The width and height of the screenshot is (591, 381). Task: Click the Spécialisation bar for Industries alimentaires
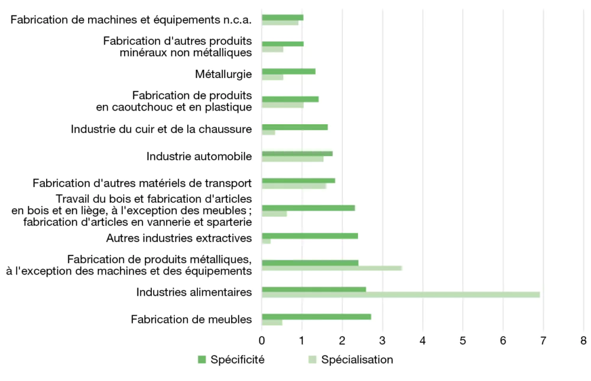[x=401, y=295]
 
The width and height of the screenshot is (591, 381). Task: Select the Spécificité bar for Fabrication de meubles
[x=316, y=317]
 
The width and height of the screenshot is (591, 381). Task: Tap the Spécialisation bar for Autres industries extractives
[x=266, y=241]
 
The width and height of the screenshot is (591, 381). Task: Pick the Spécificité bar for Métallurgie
[x=288, y=72]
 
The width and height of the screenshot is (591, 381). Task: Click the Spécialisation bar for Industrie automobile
[x=293, y=159]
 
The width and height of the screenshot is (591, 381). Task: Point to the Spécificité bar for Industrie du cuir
[x=294, y=127]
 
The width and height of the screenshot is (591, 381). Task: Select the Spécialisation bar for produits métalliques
[x=332, y=268]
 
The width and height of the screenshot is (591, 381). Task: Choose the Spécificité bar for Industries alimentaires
[x=314, y=289]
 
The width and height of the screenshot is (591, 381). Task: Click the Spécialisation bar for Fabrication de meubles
[x=272, y=322]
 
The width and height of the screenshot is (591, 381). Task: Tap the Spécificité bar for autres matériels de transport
[x=298, y=180]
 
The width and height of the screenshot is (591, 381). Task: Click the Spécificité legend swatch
[x=202, y=359]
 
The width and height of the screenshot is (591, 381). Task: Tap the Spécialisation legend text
[x=357, y=359]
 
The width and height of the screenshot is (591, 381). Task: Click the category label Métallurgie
[x=223, y=75]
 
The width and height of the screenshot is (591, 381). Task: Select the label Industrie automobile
[x=199, y=156]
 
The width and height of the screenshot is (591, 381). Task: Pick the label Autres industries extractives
[x=179, y=238]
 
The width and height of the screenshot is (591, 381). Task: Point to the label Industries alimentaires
[x=194, y=292]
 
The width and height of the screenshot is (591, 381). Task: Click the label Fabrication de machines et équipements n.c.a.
[x=131, y=20]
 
